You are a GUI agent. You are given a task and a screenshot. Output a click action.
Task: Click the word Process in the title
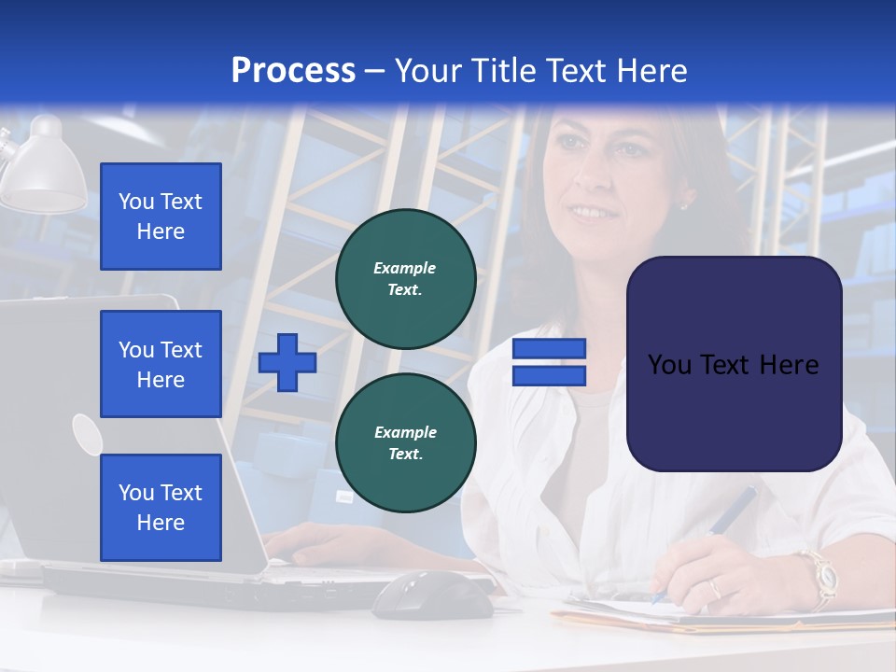293,71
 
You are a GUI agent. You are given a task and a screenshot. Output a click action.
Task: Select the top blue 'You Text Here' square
161,217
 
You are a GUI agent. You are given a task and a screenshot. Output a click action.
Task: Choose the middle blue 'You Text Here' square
161,364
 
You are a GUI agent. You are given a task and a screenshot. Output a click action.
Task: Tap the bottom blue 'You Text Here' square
161,508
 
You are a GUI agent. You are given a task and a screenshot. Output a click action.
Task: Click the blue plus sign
287,362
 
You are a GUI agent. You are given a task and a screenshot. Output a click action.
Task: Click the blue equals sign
549,362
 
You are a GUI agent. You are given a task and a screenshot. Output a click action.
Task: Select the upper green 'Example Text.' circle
406,279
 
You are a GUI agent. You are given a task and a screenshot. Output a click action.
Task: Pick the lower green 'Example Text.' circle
406,443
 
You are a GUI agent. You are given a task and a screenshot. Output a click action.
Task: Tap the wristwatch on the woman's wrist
821,574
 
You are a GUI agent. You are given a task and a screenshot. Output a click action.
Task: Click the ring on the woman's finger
714,588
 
